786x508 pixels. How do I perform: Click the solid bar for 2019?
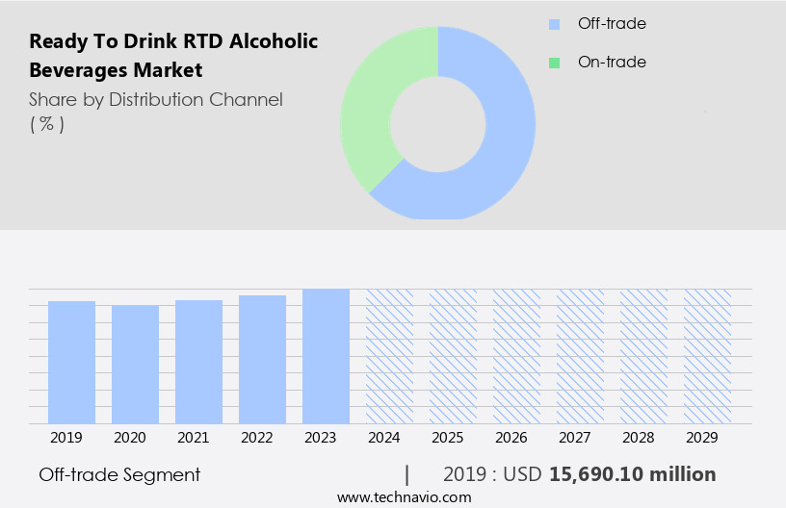[x=71, y=362]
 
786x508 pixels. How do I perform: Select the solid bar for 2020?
[x=135, y=364]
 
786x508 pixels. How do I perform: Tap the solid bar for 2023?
[x=326, y=356]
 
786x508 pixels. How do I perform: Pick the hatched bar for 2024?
[x=389, y=356]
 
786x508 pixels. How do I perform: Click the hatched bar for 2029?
[x=707, y=356]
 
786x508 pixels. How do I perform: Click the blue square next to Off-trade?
[x=554, y=24]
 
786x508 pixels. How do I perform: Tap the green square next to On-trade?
[x=554, y=63]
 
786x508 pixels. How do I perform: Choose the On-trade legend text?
[x=611, y=63]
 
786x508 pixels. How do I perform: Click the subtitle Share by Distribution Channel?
[x=156, y=99]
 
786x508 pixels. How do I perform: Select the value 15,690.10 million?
[x=632, y=474]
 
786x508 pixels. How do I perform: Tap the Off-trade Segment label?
[x=119, y=474]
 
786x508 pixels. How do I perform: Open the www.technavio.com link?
[x=404, y=497]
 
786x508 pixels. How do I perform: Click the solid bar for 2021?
[x=198, y=362]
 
